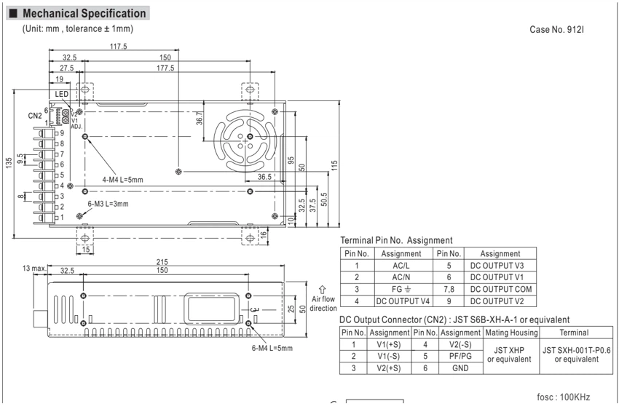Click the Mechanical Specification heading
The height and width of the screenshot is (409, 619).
[x=84, y=13]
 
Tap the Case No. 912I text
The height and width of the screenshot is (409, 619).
[x=556, y=30]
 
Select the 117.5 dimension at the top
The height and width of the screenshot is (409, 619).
[x=119, y=47]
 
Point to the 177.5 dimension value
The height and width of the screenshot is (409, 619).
[x=165, y=68]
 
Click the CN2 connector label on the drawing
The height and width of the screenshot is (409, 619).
[x=35, y=116]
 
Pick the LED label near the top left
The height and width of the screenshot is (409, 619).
[x=62, y=95]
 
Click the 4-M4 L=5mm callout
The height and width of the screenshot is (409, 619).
[x=123, y=180]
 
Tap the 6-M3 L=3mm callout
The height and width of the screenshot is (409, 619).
[x=108, y=204]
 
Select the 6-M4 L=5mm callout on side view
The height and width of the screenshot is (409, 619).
[x=272, y=349]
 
